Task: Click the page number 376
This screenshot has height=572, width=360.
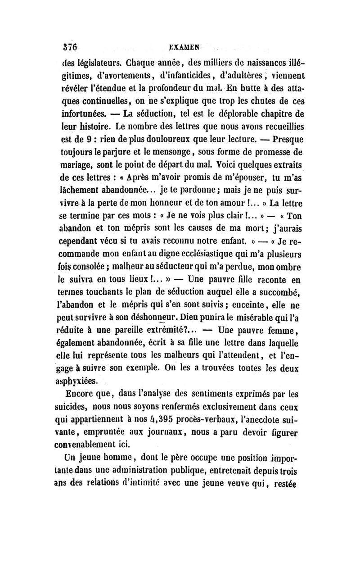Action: click(x=71, y=46)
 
